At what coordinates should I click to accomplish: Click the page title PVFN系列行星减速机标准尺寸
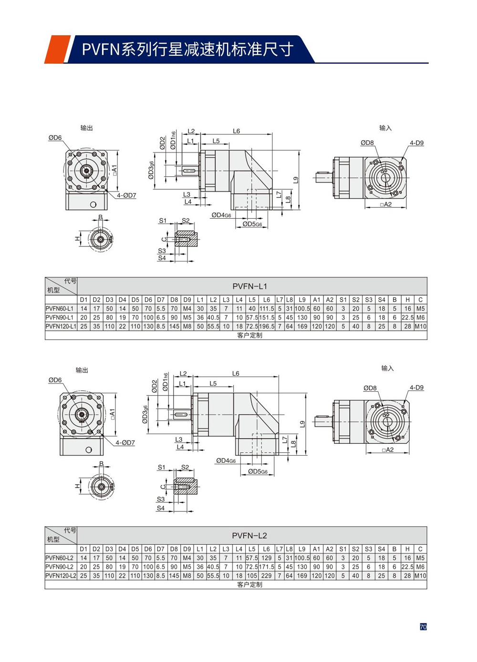(187, 49)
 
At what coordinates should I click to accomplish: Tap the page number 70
(423, 627)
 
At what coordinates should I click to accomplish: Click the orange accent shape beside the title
(57, 49)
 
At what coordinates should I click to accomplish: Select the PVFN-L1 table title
(250, 286)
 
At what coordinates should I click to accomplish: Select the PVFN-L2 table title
(249, 536)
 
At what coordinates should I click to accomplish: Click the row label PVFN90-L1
(60, 317)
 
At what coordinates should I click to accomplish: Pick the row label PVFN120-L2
(61, 576)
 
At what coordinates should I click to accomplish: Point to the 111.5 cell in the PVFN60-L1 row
(267, 309)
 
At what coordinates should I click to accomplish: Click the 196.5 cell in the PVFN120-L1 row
(267, 326)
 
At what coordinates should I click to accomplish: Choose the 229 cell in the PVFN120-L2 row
(266, 576)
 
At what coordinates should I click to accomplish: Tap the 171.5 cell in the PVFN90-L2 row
(266, 567)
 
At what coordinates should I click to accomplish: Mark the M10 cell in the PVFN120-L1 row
(420, 326)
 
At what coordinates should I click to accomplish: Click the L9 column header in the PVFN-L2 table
(302, 549)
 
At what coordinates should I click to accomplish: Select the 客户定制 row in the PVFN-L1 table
(249, 336)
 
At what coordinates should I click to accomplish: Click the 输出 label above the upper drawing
(86, 128)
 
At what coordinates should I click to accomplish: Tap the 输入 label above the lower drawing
(387, 368)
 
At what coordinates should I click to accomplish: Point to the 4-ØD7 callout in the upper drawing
(126, 195)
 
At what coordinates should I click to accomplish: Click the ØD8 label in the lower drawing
(370, 388)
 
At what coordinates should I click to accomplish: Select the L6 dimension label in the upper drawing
(237, 131)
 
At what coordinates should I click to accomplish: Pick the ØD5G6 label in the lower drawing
(258, 471)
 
